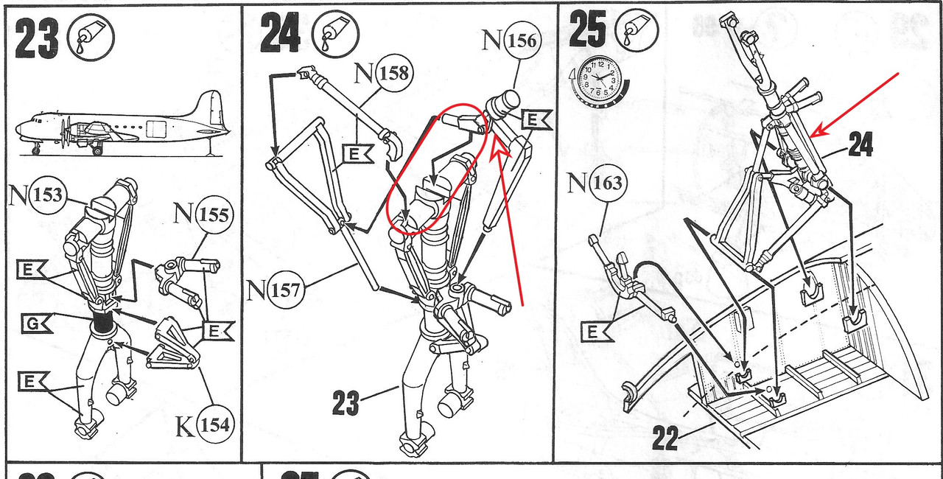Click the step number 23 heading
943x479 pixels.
[x=37, y=39]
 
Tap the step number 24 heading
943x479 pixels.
[x=280, y=32]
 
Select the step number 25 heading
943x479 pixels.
[x=587, y=29]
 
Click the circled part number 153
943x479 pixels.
[x=48, y=195]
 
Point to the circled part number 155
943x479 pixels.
[x=214, y=214]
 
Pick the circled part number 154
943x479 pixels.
[x=214, y=424]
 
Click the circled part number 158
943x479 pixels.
[x=393, y=74]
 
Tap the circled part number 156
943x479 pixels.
[x=522, y=41]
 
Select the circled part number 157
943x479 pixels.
[x=285, y=290]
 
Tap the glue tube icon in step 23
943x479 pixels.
[x=91, y=37]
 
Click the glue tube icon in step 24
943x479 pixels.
[x=335, y=34]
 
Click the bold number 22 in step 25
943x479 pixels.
[x=666, y=438]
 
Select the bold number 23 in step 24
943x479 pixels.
[x=346, y=402]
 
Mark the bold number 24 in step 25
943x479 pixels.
[x=860, y=144]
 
